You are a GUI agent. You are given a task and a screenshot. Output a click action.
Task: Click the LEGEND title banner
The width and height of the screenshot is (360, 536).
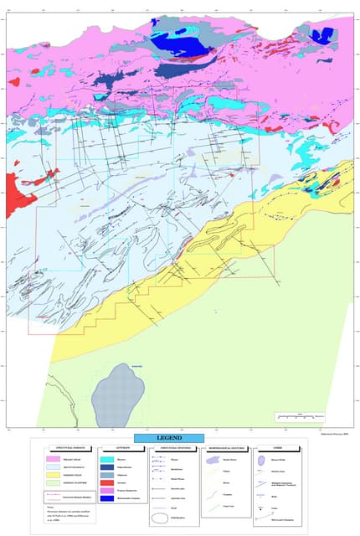click(169, 439)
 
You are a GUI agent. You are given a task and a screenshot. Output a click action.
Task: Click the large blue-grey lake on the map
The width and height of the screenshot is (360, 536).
click(117, 394)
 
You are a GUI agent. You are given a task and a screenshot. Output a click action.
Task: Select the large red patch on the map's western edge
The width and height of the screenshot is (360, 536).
click(18, 194)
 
